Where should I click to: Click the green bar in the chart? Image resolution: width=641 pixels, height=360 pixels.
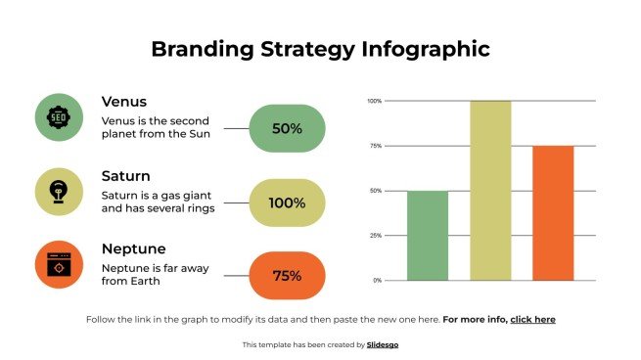427,236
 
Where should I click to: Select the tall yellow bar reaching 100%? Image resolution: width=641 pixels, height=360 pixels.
489,191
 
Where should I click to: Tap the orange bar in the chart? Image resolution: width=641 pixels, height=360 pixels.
553,213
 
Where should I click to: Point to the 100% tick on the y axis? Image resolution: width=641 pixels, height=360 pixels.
374,101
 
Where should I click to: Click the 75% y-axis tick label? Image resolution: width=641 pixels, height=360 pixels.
375,146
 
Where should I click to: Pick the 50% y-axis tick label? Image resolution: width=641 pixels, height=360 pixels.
375,191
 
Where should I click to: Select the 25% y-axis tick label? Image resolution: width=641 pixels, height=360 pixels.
375,236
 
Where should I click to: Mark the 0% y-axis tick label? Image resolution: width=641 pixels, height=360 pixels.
377,281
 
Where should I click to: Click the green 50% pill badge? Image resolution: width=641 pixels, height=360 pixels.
287,128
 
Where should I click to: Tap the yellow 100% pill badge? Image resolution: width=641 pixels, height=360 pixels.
287,202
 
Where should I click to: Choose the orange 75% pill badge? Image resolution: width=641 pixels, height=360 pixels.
287,276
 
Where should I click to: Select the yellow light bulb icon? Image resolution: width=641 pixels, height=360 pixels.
58,192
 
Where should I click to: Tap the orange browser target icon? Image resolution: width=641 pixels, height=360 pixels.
58,265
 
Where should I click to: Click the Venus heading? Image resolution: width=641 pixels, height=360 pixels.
124,102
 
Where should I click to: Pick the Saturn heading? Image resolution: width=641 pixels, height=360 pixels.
126,176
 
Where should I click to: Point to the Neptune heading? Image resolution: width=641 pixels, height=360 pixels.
134,248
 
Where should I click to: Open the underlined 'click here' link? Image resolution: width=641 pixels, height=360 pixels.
532,320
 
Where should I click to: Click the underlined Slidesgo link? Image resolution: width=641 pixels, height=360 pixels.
383,344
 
